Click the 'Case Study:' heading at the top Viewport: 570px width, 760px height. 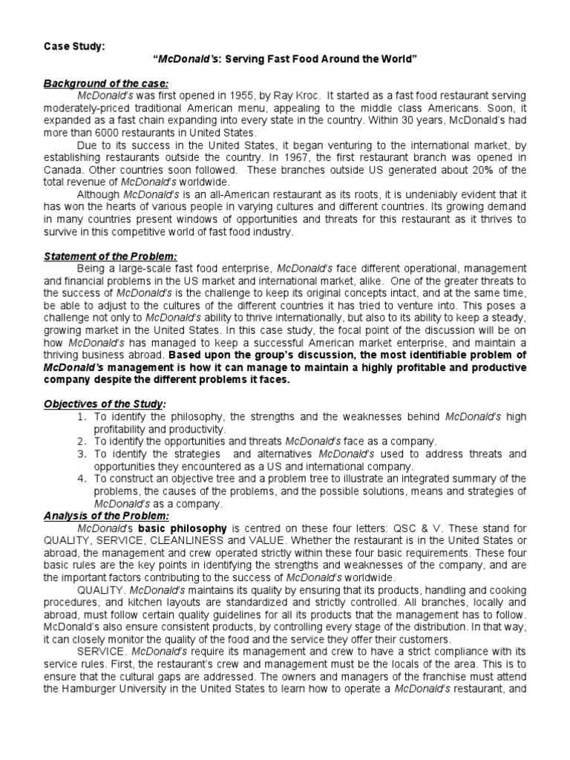click(x=72, y=47)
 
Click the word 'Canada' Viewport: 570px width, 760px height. click(x=62, y=170)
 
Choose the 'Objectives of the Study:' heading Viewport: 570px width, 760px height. click(x=103, y=403)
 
